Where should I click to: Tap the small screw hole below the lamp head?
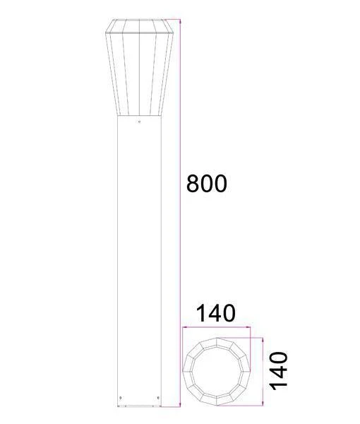139,123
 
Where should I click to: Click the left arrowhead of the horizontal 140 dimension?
184,328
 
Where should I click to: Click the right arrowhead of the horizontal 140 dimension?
250,328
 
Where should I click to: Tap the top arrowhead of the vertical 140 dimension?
264,338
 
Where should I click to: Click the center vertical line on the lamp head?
139,71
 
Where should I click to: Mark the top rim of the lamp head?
139,21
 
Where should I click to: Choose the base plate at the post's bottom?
139,408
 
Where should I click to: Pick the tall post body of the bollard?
139,261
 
